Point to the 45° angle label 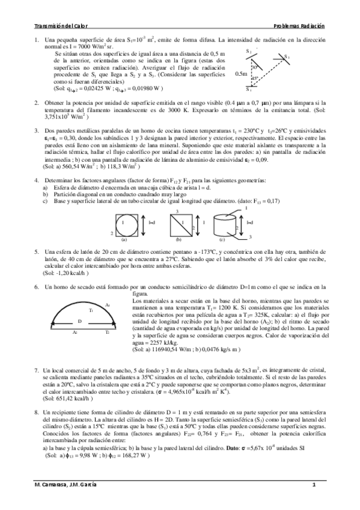(255, 78)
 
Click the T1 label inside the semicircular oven (90, 310)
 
